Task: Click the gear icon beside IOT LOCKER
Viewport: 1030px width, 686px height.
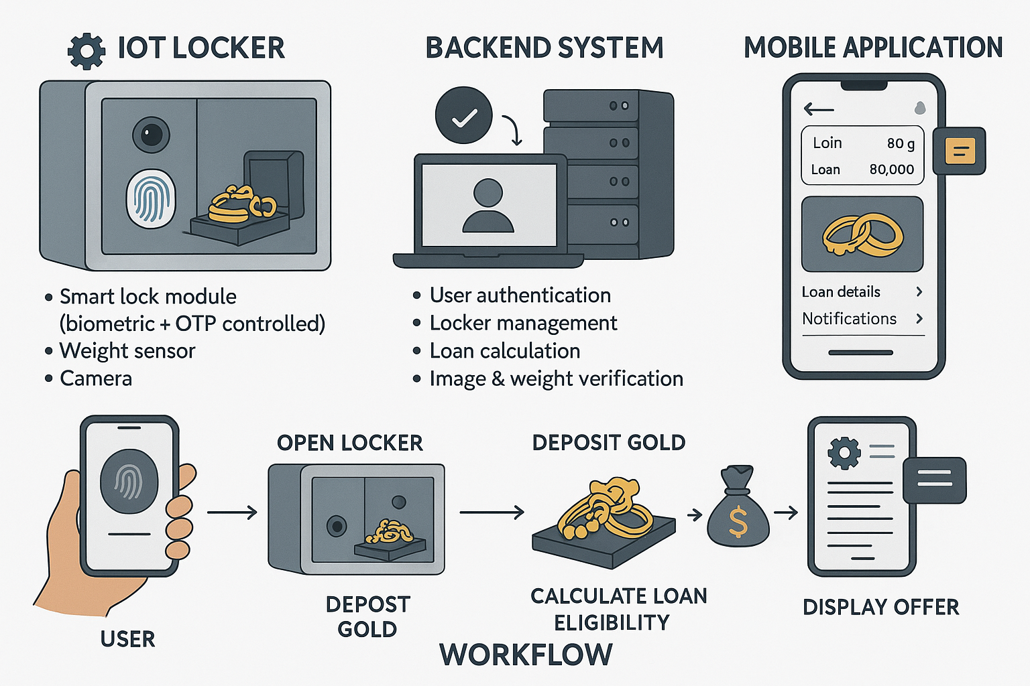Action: point(87,51)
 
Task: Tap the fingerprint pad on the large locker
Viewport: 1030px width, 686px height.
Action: point(151,198)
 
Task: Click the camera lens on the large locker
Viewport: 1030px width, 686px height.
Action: point(151,134)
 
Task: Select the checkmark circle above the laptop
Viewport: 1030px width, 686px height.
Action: point(463,115)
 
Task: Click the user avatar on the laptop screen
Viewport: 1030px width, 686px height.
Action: point(488,205)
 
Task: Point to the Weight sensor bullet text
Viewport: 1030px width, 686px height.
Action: point(127,351)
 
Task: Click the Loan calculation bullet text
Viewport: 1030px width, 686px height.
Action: point(505,351)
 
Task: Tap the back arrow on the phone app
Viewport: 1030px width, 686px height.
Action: point(818,109)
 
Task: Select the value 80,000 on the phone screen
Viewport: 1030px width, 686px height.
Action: point(891,169)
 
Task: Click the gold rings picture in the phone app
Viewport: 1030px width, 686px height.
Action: point(862,234)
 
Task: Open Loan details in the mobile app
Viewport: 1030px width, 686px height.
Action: point(841,292)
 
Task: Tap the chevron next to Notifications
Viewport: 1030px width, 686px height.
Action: point(919,319)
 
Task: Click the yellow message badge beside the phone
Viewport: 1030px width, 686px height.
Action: point(960,151)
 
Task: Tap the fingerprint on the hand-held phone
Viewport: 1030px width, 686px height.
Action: point(129,481)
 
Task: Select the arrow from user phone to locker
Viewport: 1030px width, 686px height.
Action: point(232,512)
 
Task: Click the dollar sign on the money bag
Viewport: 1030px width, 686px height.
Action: point(738,523)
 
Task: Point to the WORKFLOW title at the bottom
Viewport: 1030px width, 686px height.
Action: point(526,655)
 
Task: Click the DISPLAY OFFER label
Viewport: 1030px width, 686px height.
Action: point(880,607)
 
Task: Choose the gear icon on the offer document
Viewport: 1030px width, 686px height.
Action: point(844,453)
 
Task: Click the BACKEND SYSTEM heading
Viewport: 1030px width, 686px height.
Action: point(544,48)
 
